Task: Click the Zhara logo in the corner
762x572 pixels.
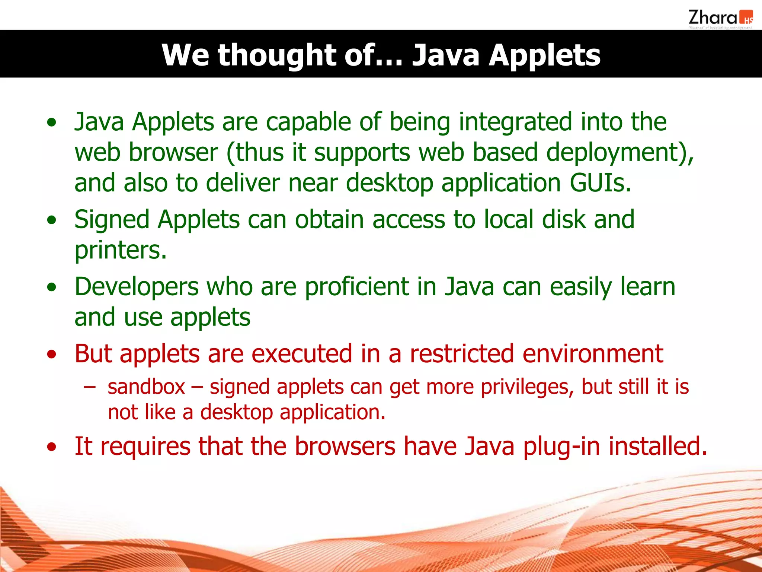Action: coord(720,19)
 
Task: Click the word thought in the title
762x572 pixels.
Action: coord(276,55)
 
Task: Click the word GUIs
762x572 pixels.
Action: coord(600,183)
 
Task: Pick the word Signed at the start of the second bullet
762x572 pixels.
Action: coord(112,220)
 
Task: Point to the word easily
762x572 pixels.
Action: coord(581,287)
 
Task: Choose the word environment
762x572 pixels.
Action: coord(593,354)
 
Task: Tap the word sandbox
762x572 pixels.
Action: coord(146,387)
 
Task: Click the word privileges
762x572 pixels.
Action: coord(527,387)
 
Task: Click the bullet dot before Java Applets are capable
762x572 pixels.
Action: coord(52,123)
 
